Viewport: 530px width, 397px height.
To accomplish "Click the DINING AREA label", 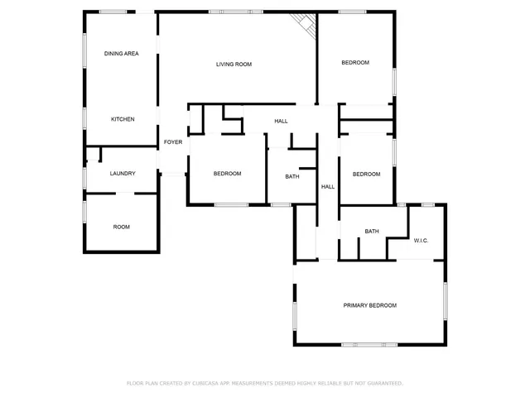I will pos(121,54).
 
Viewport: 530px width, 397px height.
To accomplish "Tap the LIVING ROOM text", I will pos(234,64).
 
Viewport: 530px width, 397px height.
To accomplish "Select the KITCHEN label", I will pos(123,119).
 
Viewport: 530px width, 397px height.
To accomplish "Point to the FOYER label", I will pos(172,142).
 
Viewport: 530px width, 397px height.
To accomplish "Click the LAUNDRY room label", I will pos(123,174).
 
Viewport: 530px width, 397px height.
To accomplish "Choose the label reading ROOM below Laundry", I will pos(122,227).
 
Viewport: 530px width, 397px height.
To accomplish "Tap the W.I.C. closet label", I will pos(421,241).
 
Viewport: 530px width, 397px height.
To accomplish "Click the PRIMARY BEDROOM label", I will pos(370,305).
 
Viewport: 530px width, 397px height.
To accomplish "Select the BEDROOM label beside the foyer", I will pos(227,174).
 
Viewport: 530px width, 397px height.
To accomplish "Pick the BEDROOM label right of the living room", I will pos(355,63).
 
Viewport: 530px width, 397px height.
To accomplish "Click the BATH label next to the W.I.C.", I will pos(372,231).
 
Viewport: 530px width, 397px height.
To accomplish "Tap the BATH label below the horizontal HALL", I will pos(292,176).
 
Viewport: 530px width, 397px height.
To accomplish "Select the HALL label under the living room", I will pos(282,122).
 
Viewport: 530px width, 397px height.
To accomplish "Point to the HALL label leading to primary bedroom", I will pos(328,187).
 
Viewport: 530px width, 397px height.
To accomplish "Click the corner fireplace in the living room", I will pos(306,25).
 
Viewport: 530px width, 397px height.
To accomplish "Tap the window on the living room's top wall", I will pos(227,12).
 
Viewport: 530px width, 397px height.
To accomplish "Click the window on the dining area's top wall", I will pos(113,12).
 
